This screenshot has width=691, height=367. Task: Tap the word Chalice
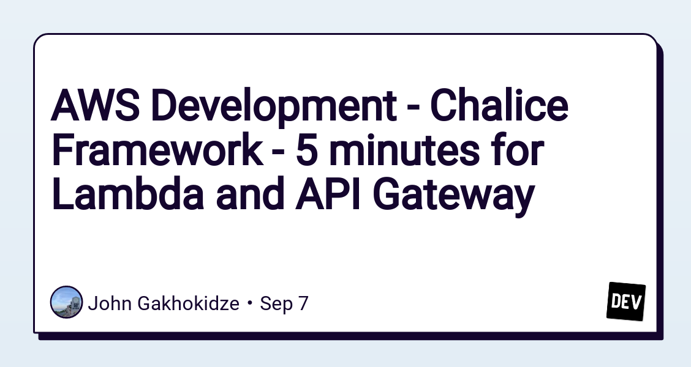point(499,105)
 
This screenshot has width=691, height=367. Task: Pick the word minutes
point(404,151)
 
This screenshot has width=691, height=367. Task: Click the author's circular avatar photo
point(67,302)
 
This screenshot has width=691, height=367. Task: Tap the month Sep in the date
point(275,305)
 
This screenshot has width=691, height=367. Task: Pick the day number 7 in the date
point(303,303)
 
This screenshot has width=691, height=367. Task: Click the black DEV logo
point(626,302)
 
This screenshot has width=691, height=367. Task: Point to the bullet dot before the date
point(250,304)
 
